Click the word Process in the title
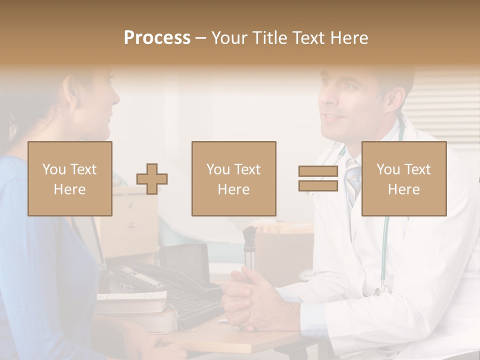pyautogui.click(x=157, y=38)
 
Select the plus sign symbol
pyautogui.click(x=152, y=179)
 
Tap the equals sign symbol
pyautogui.click(x=318, y=178)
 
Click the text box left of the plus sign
pyautogui.click(x=70, y=178)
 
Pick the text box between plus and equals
pyautogui.click(x=233, y=178)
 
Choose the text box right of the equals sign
pyautogui.click(x=403, y=178)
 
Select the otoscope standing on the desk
pyautogui.click(x=248, y=247)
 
